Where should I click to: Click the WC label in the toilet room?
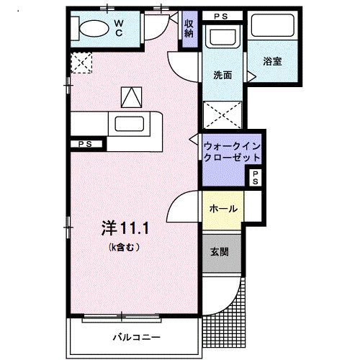click(x=120, y=27)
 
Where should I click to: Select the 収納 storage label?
click(x=189, y=28)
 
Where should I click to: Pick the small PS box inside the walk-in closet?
click(x=255, y=178)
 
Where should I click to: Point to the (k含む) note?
click(x=124, y=247)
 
